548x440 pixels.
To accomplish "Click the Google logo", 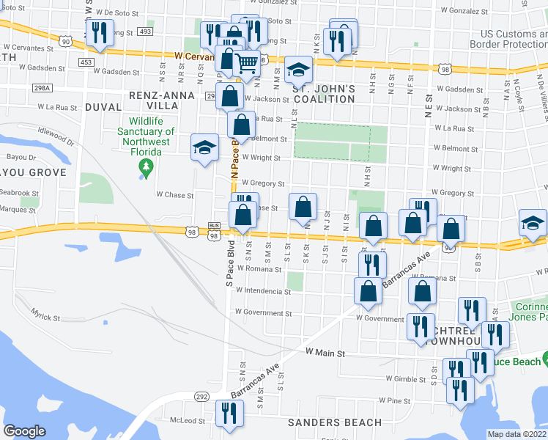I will click(x=24, y=431).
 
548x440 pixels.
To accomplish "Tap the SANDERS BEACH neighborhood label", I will click(x=335, y=422).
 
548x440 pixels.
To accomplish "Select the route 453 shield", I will click(x=86, y=62).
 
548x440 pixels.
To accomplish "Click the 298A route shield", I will click(x=43, y=88).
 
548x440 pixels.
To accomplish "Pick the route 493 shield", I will click(x=145, y=32).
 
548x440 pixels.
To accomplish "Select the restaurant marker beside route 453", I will click(x=98, y=32).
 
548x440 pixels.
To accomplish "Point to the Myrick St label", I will click(x=45, y=318).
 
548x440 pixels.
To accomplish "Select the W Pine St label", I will click(x=395, y=401).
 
